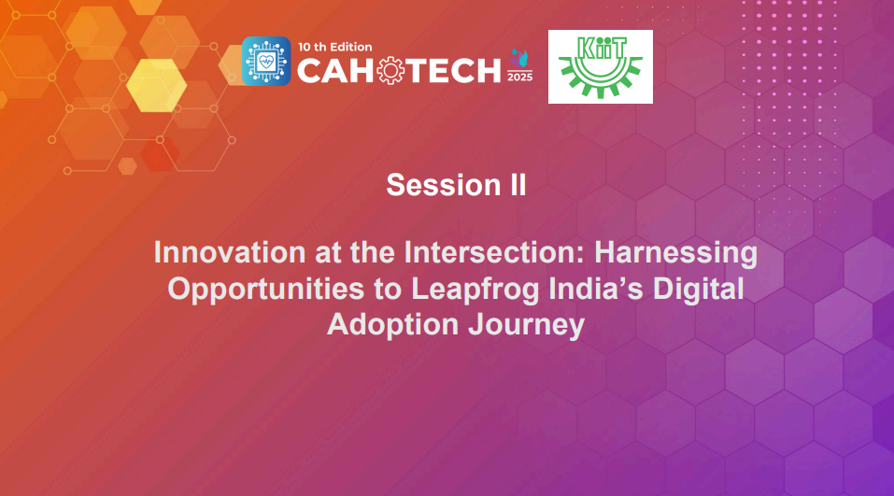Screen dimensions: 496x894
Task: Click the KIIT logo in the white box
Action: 600,66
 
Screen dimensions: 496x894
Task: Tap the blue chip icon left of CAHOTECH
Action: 265,62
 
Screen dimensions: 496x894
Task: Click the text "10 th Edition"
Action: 335,46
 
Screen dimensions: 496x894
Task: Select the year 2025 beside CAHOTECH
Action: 519,78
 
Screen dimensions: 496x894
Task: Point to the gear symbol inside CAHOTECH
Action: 386,70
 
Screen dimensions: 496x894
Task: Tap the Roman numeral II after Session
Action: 516,185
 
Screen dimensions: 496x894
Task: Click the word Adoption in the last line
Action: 390,324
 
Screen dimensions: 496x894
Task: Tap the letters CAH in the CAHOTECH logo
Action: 333,70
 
